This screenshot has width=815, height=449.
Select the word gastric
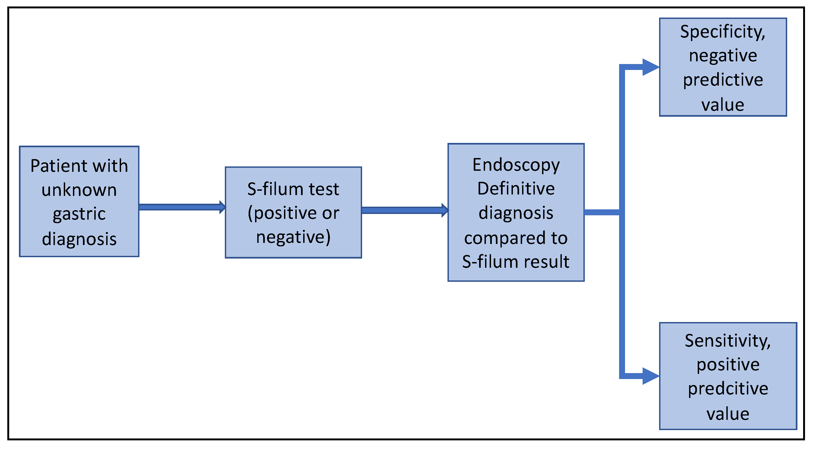tap(79, 215)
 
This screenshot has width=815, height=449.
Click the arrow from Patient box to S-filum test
tap(182, 207)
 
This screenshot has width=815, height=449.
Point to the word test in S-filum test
tap(324, 189)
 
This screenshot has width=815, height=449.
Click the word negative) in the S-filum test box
tap(293, 237)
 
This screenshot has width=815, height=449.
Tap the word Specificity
tap(723, 32)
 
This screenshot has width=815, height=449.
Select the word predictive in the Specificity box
tap(723, 80)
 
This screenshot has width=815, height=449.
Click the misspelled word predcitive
tap(728, 389)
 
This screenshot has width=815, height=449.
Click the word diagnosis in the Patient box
tap(79, 239)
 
